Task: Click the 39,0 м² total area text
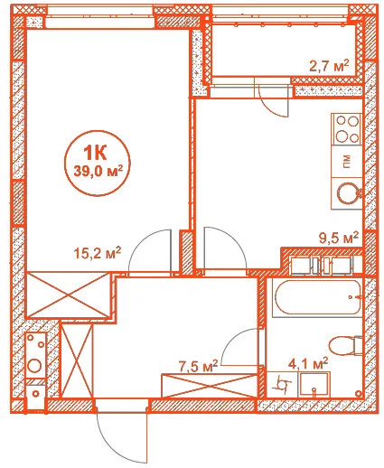98,172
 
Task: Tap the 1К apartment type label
95,153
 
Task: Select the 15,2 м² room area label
98,253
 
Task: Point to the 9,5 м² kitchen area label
339,238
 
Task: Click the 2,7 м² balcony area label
329,66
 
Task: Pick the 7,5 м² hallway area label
198,366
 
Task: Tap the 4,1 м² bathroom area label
308,364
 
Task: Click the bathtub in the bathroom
317,298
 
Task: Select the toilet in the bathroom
345,346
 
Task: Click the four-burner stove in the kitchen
346,129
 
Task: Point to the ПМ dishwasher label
347,162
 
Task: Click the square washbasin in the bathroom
314,385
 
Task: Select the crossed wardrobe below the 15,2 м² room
69,295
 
